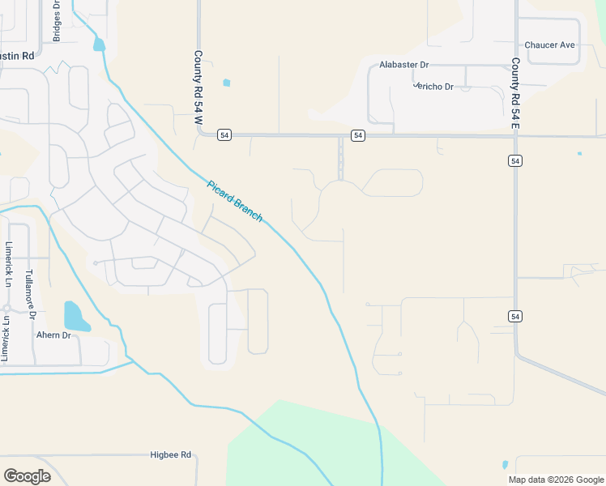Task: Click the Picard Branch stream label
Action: click(x=235, y=201)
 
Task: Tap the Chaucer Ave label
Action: click(x=549, y=45)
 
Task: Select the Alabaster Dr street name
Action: click(x=403, y=64)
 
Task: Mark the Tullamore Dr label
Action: click(x=29, y=291)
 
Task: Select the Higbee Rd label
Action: click(x=170, y=454)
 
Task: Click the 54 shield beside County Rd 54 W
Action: click(x=224, y=134)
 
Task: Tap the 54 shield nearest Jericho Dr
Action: click(x=357, y=134)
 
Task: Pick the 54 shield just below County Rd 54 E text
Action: click(x=515, y=161)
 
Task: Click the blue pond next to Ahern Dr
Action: click(x=75, y=317)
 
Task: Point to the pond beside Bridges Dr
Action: click(x=99, y=44)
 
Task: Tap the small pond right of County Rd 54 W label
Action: click(x=226, y=82)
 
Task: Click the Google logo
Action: click(x=27, y=476)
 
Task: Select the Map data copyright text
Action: click(x=555, y=480)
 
